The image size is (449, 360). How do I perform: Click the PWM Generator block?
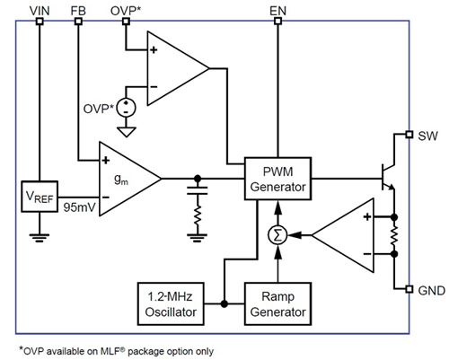[x=279, y=179]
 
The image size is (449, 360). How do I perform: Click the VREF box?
[x=39, y=195]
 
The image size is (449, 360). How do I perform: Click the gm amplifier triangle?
[x=127, y=179]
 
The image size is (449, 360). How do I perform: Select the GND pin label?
[x=430, y=290]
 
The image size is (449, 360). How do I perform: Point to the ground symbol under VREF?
[x=39, y=239]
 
